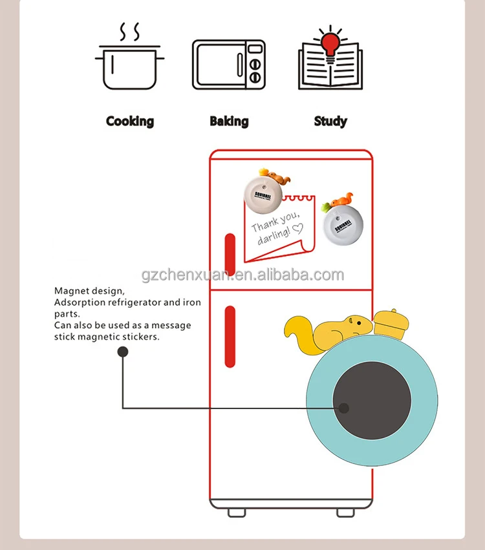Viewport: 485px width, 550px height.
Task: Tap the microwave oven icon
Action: click(x=229, y=65)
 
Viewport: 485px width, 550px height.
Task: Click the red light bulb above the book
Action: click(x=330, y=42)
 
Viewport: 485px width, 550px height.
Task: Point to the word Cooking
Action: click(x=130, y=121)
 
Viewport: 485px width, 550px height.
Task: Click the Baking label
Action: click(x=229, y=121)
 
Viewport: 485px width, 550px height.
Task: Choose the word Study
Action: click(x=330, y=121)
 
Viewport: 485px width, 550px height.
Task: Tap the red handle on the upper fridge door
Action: click(x=230, y=248)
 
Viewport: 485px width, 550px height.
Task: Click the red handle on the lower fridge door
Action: click(x=230, y=336)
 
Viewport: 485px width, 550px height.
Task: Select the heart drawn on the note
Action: click(x=297, y=227)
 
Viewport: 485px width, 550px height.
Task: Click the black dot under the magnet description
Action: click(x=122, y=352)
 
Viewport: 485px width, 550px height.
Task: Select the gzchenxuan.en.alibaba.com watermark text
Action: click(x=242, y=275)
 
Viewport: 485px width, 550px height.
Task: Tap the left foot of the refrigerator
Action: click(x=236, y=511)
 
